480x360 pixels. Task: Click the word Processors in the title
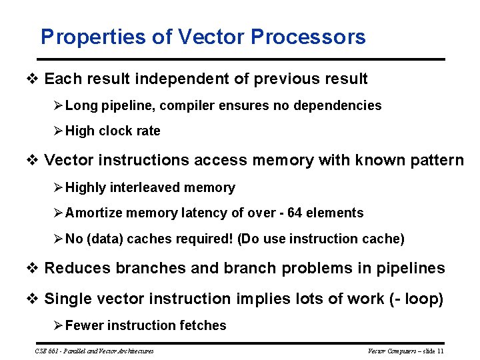(308, 37)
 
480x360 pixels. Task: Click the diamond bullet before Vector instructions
(33, 161)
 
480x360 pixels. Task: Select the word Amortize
(95, 213)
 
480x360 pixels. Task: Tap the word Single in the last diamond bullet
(65, 299)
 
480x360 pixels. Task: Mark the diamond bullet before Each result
(33, 79)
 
